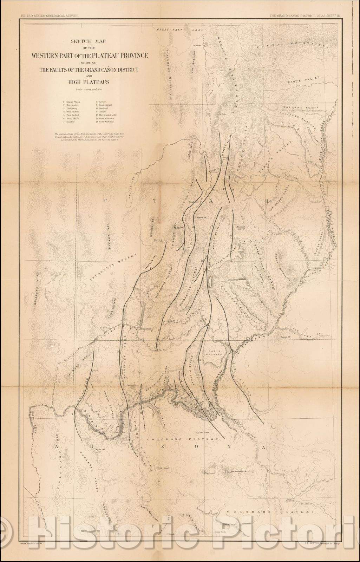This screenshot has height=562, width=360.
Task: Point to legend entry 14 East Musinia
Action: tap(106, 122)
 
